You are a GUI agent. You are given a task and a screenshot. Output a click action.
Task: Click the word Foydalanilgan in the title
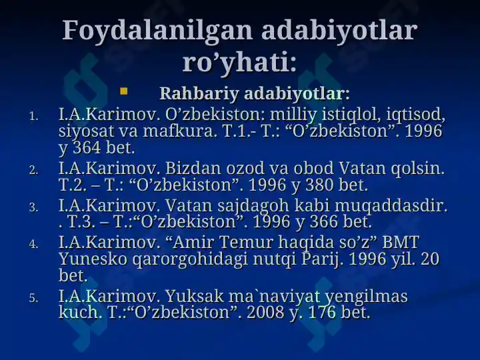click(x=157, y=31)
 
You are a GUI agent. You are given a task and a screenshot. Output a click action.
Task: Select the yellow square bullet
click(x=124, y=91)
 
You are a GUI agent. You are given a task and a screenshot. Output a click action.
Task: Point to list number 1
click(x=33, y=116)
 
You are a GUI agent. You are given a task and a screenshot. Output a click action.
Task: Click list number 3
click(x=33, y=208)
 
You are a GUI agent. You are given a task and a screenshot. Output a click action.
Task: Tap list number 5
click(x=33, y=298)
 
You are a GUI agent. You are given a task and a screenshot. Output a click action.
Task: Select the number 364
click(x=87, y=147)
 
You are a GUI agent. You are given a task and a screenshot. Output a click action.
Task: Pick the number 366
click(x=324, y=221)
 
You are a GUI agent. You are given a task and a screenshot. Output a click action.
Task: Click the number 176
click(x=322, y=312)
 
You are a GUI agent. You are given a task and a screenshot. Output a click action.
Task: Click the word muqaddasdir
click(x=391, y=205)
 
